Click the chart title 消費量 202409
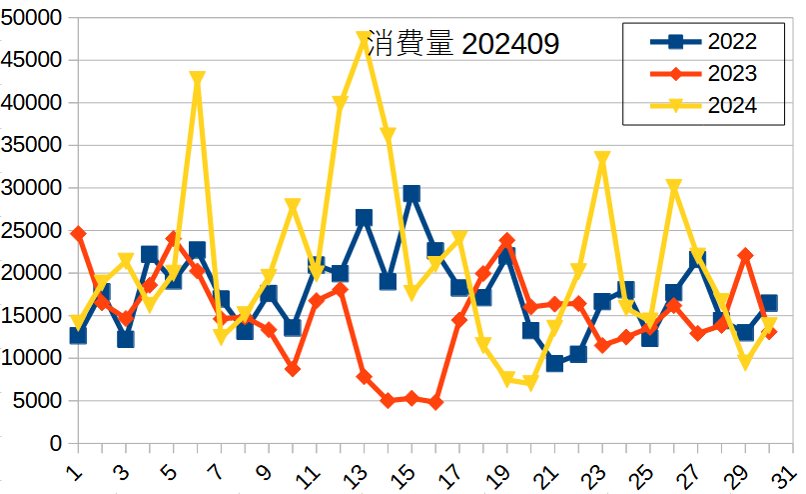click(x=462, y=44)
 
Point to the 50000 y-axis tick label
click(x=34, y=18)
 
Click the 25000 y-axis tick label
click(x=34, y=231)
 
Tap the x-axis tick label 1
click(x=76, y=470)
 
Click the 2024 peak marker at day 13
click(x=364, y=39)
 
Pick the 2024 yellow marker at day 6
click(x=197, y=79)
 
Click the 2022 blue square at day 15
click(x=411, y=194)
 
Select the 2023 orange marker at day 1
click(x=78, y=234)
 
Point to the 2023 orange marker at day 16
click(x=435, y=402)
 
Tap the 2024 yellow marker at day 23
click(x=602, y=159)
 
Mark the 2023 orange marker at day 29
click(x=745, y=256)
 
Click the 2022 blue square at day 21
click(x=554, y=363)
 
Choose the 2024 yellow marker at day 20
click(x=530, y=383)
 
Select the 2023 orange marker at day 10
click(x=293, y=369)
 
